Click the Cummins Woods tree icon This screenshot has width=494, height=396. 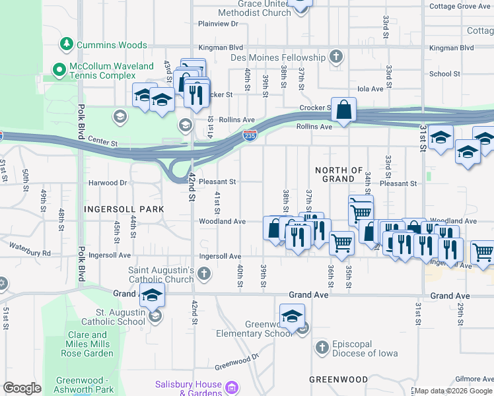pos(66,44)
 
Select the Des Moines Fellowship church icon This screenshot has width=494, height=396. pos(337,57)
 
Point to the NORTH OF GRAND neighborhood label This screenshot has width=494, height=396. pos(339,175)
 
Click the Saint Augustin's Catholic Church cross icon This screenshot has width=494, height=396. pos(205,273)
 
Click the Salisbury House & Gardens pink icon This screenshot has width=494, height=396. pos(232,386)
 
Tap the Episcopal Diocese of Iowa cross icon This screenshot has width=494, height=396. pos(322,347)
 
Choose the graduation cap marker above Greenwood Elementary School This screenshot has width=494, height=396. pos(292,315)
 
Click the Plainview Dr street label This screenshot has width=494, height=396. pos(218,24)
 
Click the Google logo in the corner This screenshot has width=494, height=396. pos(22,388)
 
